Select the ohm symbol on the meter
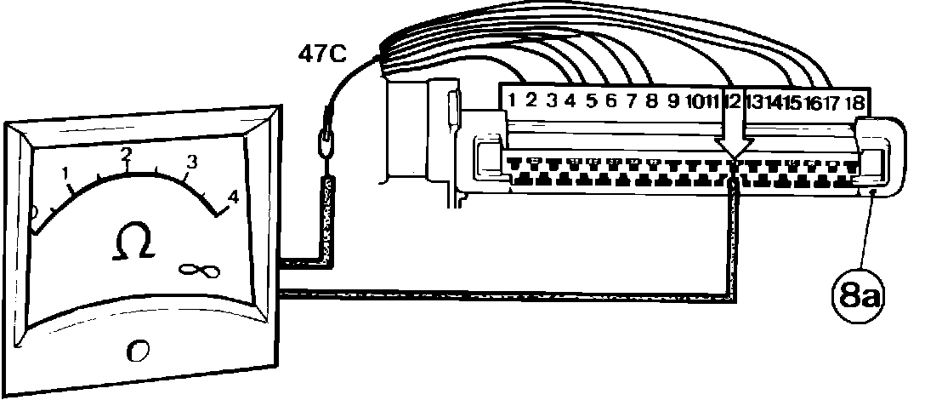134,243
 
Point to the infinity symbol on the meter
200,271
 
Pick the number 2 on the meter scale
127,155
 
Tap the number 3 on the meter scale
192,162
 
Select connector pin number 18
855,102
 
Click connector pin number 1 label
512,100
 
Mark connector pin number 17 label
833,103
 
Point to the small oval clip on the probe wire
326,140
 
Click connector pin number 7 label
632,101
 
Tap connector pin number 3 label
552,101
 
